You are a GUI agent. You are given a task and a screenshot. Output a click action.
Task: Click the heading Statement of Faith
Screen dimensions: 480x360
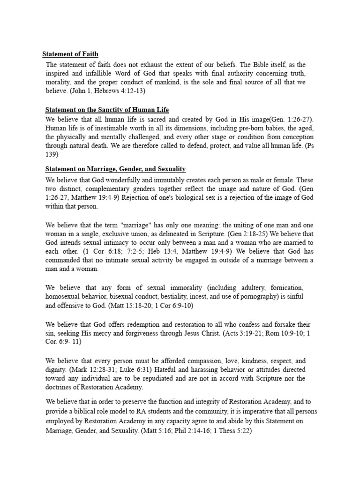70,54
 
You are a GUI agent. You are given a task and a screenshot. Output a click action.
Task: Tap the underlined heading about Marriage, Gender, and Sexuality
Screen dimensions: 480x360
115,168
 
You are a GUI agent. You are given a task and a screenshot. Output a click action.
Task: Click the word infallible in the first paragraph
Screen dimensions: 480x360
109,74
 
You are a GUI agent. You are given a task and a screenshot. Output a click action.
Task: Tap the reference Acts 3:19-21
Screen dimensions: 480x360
251,333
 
